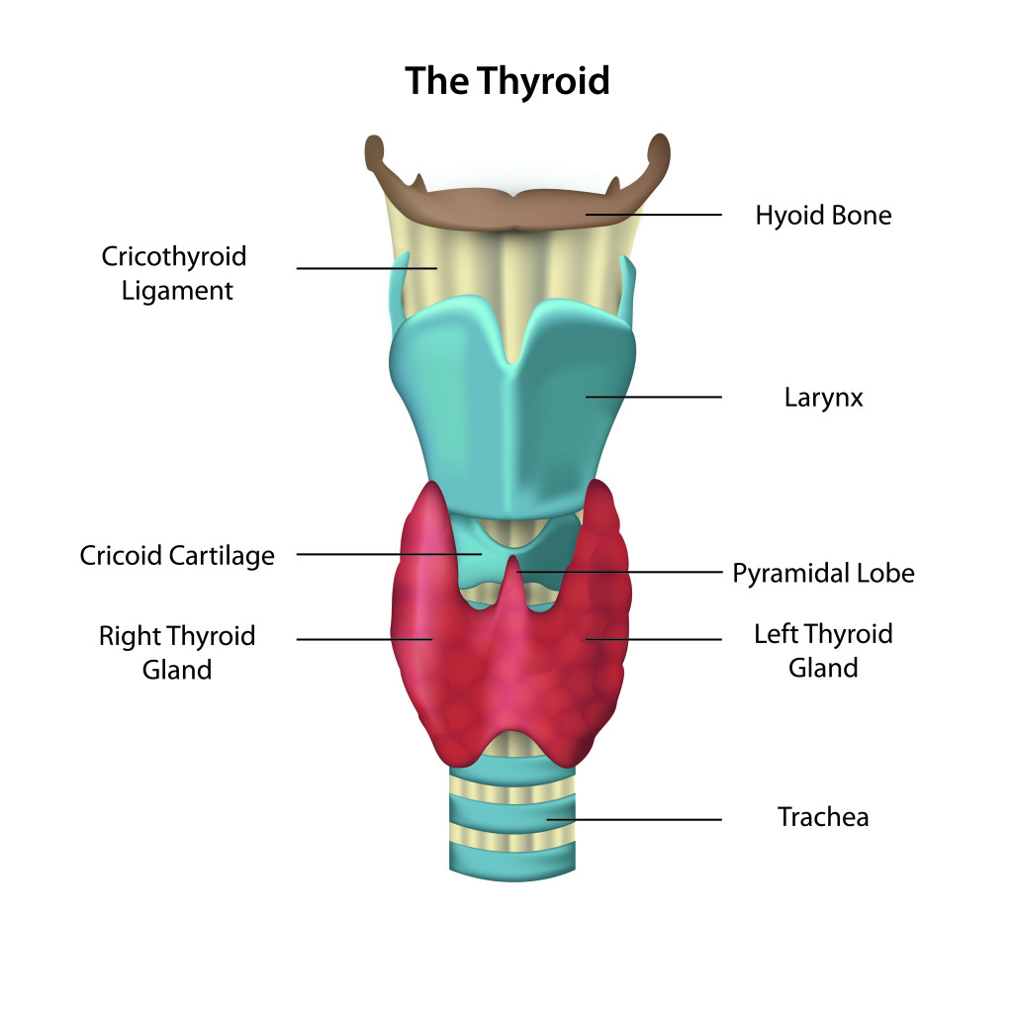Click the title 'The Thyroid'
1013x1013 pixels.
point(506,81)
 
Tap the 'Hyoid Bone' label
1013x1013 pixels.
point(823,215)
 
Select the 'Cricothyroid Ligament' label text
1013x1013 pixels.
point(174,273)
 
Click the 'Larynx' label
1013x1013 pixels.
point(823,398)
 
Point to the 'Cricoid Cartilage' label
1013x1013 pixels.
point(177,555)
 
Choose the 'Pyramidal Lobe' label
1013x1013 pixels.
point(823,573)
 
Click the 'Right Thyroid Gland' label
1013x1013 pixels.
point(177,652)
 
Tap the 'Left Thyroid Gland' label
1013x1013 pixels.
point(823,650)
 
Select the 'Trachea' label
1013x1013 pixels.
point(823,817)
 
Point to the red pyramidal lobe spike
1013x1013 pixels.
point(511,584)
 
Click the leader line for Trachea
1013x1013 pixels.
point(643,819)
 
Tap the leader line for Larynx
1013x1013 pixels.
point(663,398)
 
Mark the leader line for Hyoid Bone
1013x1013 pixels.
point(663,215)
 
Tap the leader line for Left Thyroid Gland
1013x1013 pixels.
point(663,639)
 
